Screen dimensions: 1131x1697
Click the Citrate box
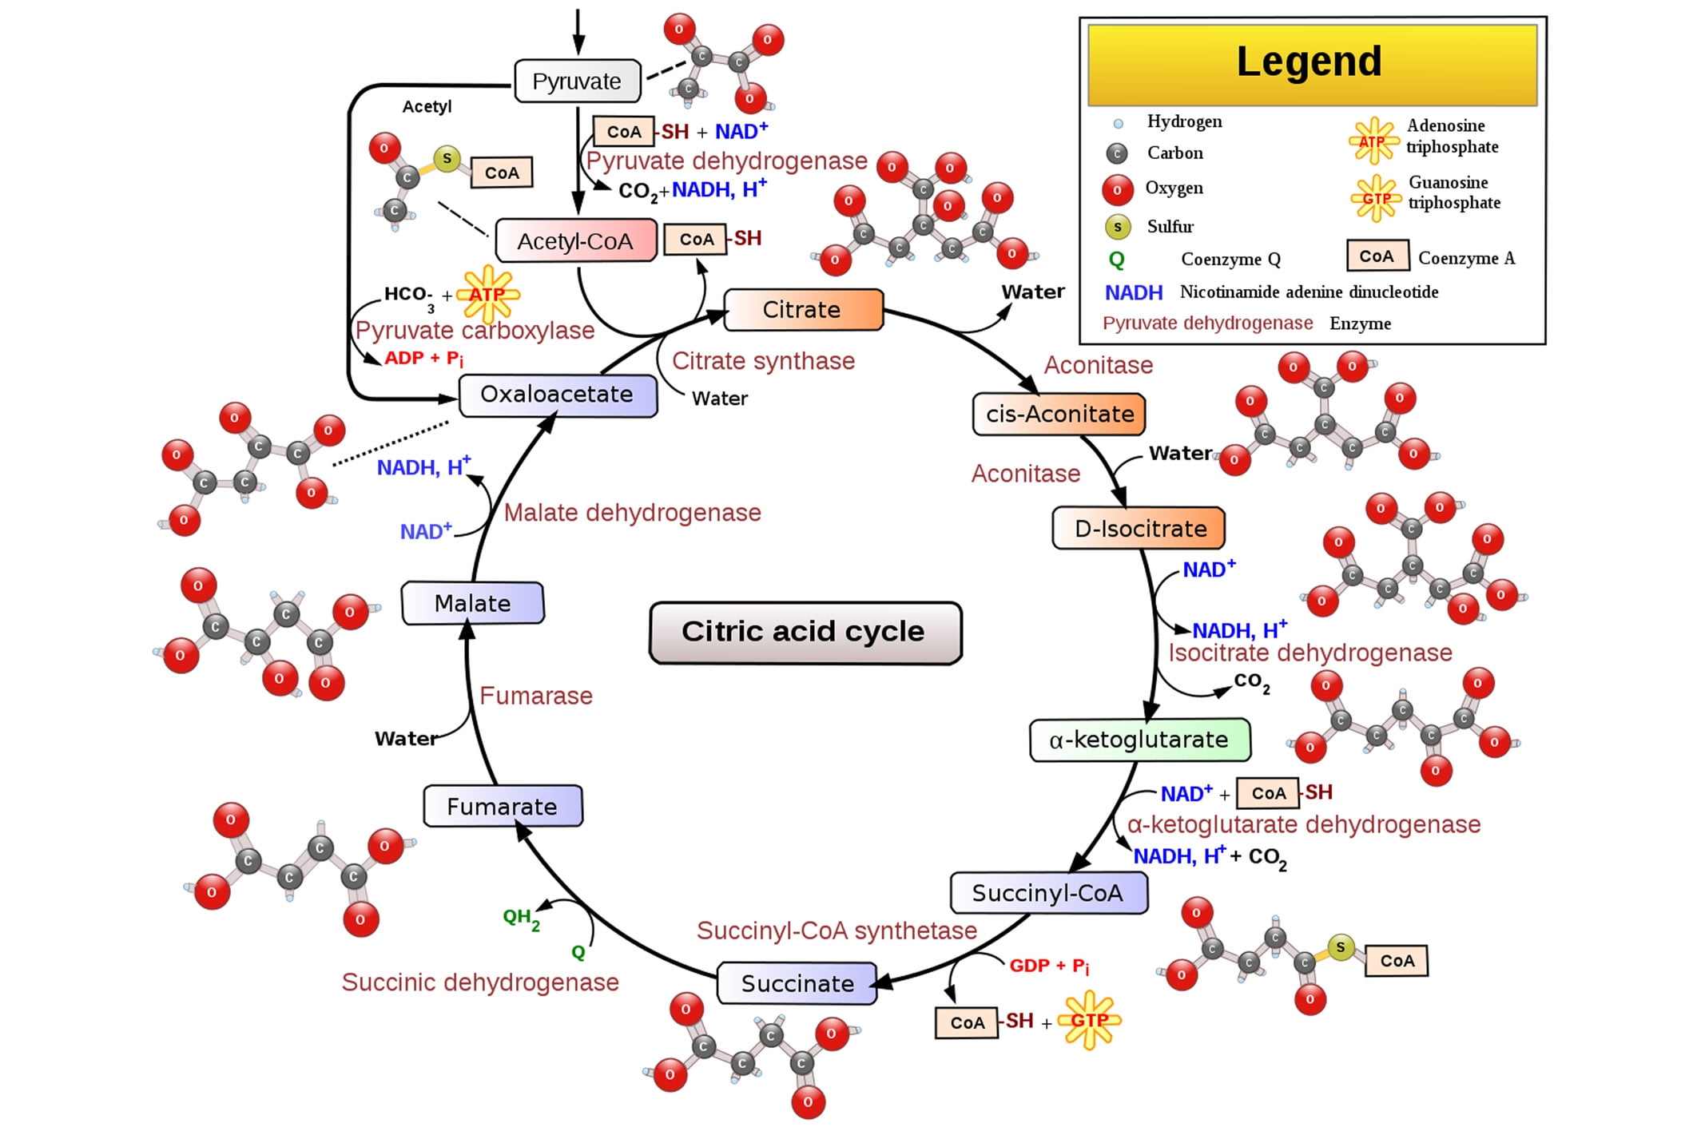click(x=803, y=310)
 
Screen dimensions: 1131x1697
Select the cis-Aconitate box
click(x=1059, y=414)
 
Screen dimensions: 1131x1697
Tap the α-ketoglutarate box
click(x=1139, y=740)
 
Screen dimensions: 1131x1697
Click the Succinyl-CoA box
click(x=1047, y=893)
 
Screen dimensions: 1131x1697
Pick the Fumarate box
click(x=503, y=806)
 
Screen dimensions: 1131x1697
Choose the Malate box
click(x=472, y=603)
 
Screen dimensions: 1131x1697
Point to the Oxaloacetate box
click(x=557, y=395)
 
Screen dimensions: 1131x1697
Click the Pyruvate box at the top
click(x=577, y=81)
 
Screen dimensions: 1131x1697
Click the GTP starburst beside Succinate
click(x=1090, y=1020)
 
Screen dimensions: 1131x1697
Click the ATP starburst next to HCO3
click(x=488, y=294)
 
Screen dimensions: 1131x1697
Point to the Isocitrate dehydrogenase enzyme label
click(x=1310, y=653)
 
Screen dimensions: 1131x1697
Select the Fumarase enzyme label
click(x=536, y=696)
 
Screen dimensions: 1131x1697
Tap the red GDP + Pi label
click(x=1048, y=966)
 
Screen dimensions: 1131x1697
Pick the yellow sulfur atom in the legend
click(x=1117, y=227)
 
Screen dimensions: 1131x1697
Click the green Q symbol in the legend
click(x=1116, y=260)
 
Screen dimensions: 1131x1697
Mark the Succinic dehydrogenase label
click(x=480, y=982)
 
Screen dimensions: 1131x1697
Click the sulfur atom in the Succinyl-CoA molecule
click(x=1340, y=947)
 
